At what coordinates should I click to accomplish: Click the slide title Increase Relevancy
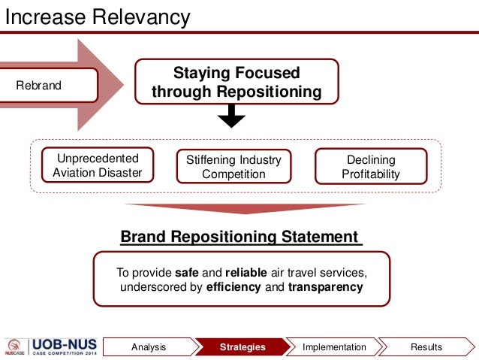[x=98, y=16]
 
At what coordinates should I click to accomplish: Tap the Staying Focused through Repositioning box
[x=236, y=82]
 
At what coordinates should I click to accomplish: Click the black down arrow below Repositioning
[x=231, y=116]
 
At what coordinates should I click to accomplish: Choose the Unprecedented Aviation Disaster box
[x=96, y=166]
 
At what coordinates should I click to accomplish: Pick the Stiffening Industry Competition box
[x=233, y=167]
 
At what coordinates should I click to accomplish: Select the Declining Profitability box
[x=371, y=167]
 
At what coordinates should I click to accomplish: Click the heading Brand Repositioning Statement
[x=239, y=237]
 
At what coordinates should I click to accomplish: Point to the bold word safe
[x=187, y=272]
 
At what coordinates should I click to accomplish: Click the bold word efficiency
[x=230, y=287]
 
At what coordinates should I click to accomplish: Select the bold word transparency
[x=325, y=287]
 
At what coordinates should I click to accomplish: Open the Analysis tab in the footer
[x=149, y=347]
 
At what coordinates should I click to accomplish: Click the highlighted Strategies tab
[x=243, y=347]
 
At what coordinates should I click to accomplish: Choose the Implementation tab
[x=334, y=347]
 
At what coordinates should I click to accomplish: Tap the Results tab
[x=426, y=347]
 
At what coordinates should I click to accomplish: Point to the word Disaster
[x=120, y=173]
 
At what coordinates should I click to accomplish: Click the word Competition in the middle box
[x=233, y=174]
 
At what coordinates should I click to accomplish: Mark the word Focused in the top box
[x=268, y=73]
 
